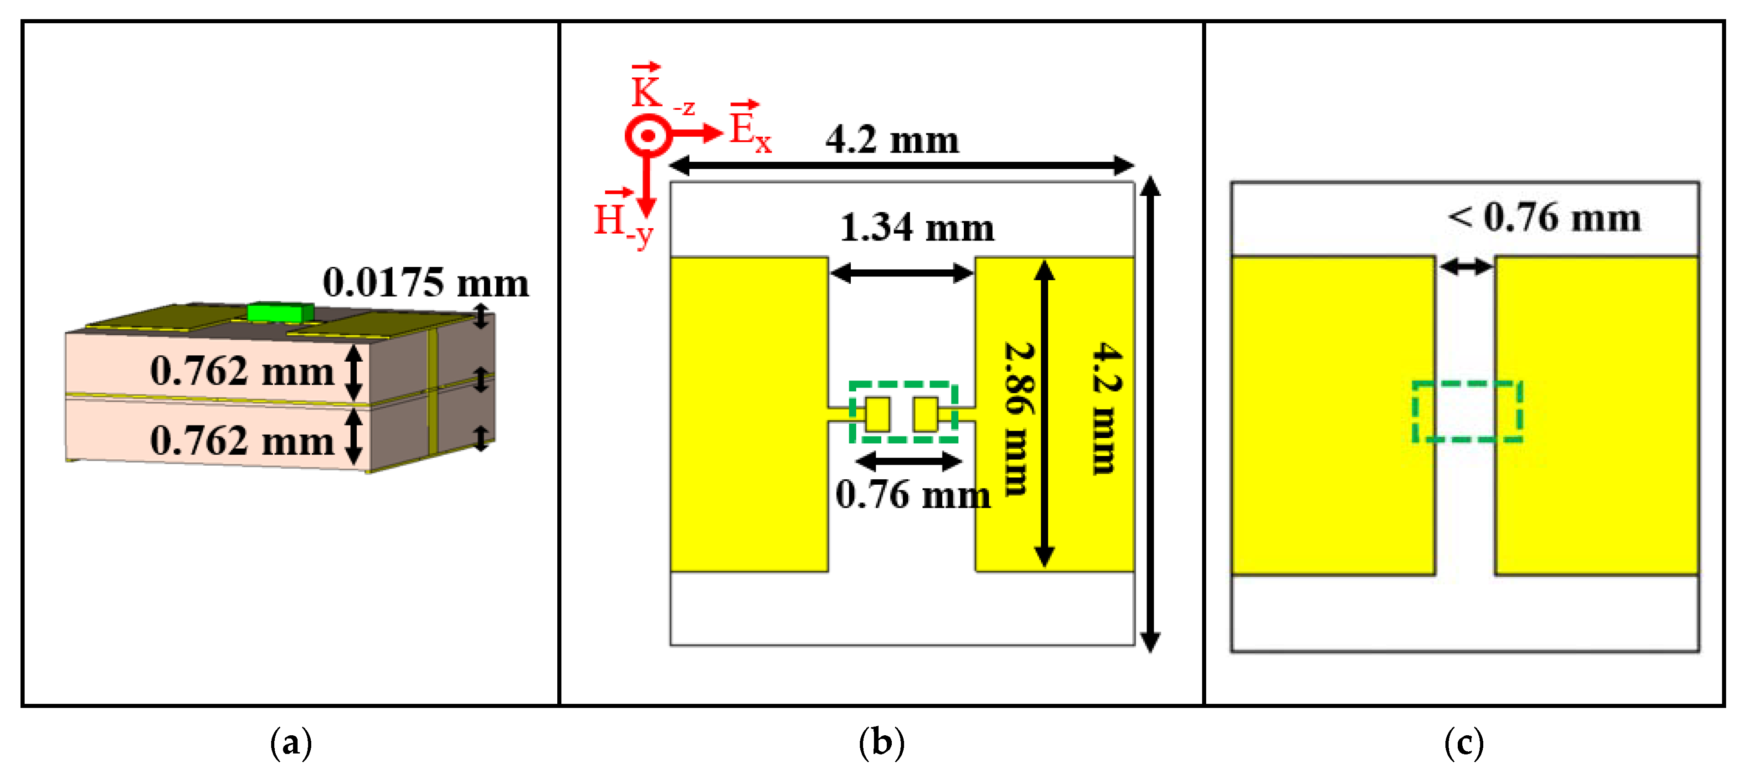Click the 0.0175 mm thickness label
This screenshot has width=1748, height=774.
pyautogui.click(x=426, y=283)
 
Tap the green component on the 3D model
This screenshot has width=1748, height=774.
pyautogui.click(x=280, y=313)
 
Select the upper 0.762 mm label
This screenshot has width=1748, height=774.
pyautogui.click(x=242, y=371)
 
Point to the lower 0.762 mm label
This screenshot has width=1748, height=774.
pyautogui.click(x=242, y=441)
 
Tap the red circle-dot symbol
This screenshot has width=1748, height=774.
pyautogui.click(x=648, y=136)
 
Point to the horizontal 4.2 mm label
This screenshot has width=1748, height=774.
pyautogui.click(x=892, y=140)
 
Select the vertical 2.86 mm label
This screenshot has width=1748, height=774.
pyautogui.click(x=1018, y=418)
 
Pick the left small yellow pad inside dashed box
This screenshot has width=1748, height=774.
pyautogui.click(x=877, y=414)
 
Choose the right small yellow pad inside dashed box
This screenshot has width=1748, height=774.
pyautogui.click(x=925, y=414)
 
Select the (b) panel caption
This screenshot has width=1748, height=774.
pyautogui.click(x=881, y=743)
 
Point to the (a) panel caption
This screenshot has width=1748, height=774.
pyautogui.click(x=291, y=743)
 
